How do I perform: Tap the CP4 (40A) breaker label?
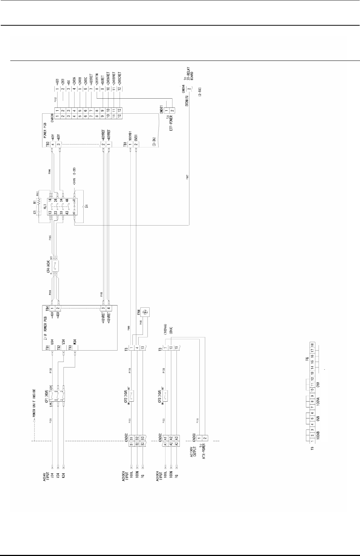click(48, 267)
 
